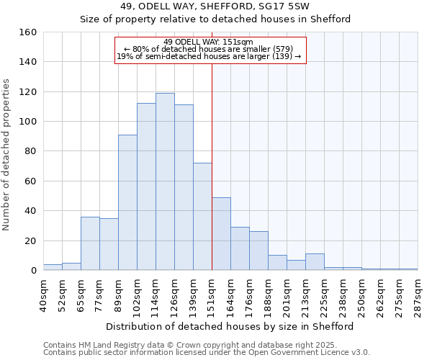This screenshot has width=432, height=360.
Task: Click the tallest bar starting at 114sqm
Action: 165,181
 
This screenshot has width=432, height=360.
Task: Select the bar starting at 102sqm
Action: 146,186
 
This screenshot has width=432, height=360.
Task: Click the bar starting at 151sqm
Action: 221,234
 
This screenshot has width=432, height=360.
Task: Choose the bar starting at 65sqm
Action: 90,243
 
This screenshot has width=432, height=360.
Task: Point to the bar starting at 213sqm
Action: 315,262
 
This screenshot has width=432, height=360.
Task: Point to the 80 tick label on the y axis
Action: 30,151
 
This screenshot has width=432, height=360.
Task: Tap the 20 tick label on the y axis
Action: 30,240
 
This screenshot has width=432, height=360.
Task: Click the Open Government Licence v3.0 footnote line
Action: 206,352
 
